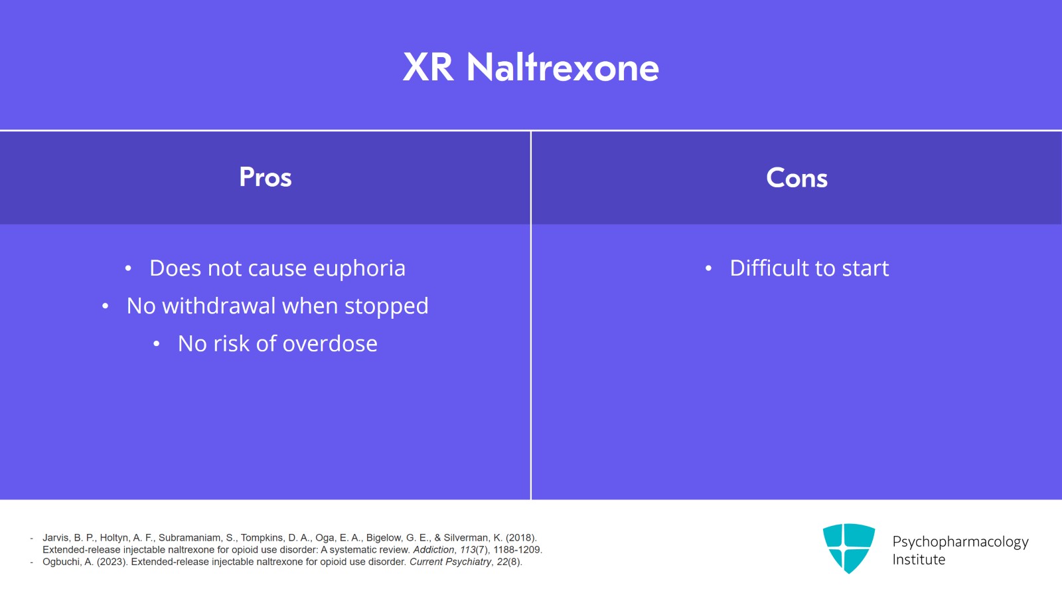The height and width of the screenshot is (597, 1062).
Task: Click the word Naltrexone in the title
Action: click(x=563, y=68)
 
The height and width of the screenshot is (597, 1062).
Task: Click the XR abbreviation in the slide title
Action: click(x=428, y=68)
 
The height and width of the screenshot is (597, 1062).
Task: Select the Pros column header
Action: click(x=265, y=177)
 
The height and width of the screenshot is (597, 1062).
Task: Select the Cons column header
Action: click(x=796, y=178)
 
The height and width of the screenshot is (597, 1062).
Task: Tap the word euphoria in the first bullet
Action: click(x=359, y=268)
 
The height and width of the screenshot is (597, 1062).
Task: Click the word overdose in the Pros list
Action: click(x=330, y=343)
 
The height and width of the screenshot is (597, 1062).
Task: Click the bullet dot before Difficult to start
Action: click(x=708, y=269)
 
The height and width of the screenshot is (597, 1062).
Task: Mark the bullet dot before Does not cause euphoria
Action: click(x=128, y=269)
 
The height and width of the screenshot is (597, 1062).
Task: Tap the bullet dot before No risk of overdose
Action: click(x=156, y=344)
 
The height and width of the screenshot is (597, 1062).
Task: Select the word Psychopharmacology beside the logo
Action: click(x=960, y=542)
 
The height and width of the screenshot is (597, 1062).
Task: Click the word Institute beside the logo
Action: click(x=919, y=560)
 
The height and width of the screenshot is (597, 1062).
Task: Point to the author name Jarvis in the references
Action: click(x=56, y=538)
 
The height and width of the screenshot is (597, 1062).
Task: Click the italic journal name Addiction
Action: click(x=433, y=550)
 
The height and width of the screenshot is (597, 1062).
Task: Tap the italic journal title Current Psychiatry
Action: click(x=450, y=562)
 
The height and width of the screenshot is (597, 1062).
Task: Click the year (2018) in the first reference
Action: click(x=521, y=538)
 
